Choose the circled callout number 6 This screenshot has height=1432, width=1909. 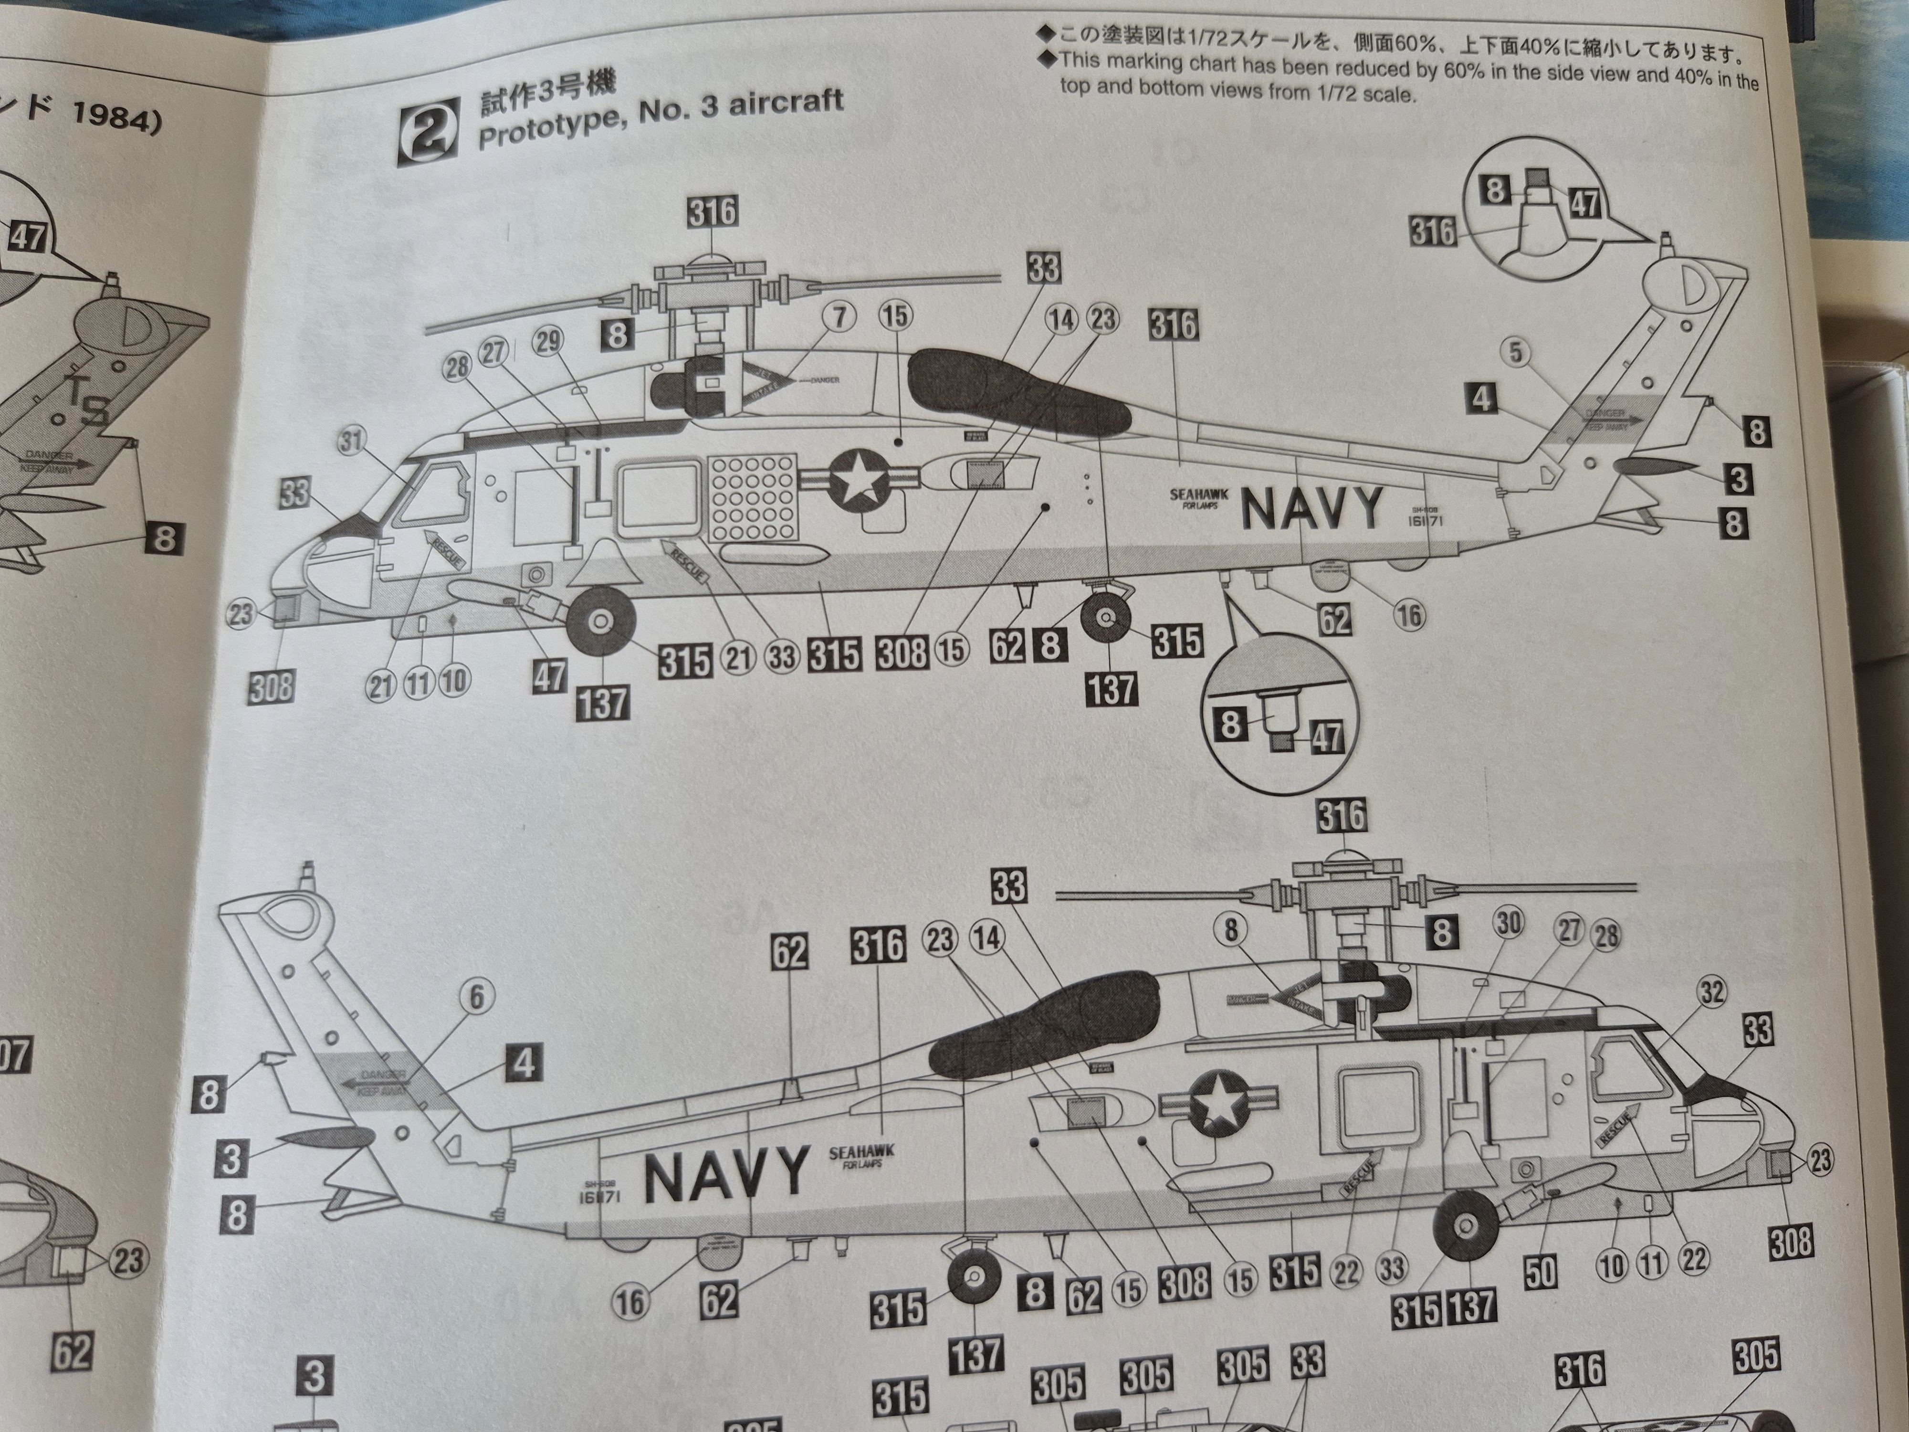click(476, 997)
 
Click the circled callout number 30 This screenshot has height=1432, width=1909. click(1508, 923)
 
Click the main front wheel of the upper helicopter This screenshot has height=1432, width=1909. click(601, 621)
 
